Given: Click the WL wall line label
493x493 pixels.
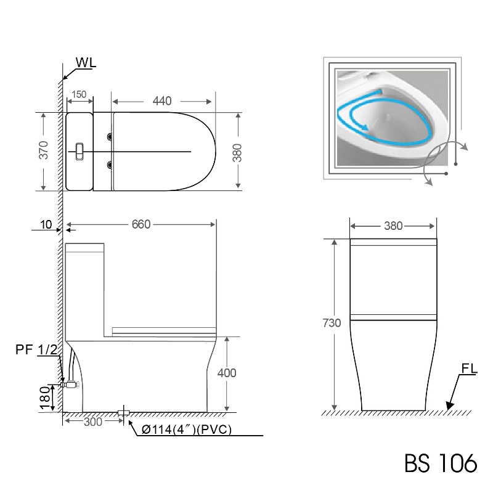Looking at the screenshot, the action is click(x=86, y=63).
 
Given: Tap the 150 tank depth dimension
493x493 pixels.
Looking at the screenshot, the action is click(x=79, y=94).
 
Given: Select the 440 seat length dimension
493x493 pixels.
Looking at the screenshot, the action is click(x=162, y=101).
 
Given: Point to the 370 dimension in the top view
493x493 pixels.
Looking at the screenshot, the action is click(x=44, y=150).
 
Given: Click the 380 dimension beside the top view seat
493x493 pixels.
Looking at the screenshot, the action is click(x=237, y=153).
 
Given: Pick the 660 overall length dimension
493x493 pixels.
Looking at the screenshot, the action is click(x=141, y=224).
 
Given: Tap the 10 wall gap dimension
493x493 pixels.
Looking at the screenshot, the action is click(x=46, y=224).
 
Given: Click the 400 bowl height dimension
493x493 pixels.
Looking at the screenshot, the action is click(x=227, y=373).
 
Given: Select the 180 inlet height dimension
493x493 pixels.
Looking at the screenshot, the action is click(x=45, y=399).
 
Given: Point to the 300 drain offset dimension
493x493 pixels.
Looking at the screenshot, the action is click(x=93, y=422).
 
